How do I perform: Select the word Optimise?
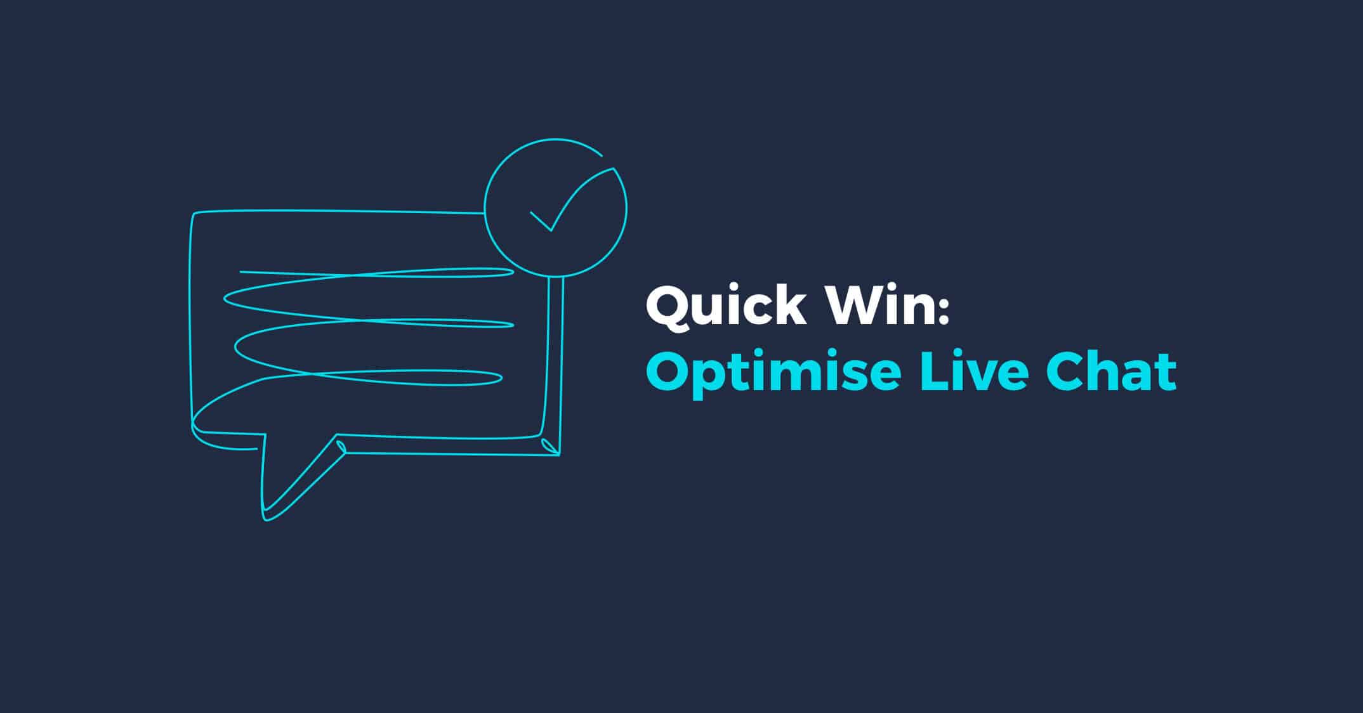point(774,372)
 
